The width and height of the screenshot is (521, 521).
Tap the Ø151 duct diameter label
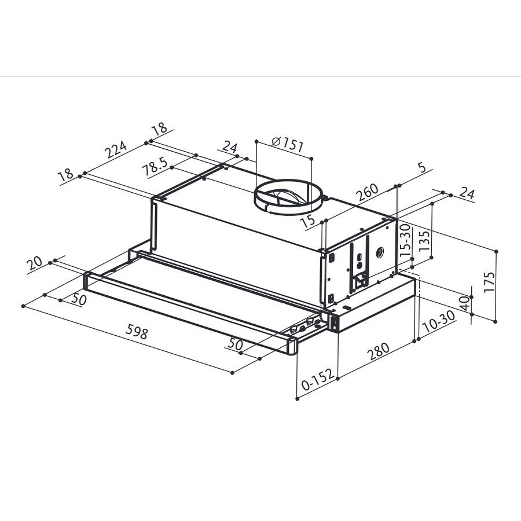287,144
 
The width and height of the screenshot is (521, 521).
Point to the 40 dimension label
463,304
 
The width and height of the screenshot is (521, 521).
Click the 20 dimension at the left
35,264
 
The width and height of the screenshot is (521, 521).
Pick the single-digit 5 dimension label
422,167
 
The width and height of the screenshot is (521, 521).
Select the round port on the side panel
380,253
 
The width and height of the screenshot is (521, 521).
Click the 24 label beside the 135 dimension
467,194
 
